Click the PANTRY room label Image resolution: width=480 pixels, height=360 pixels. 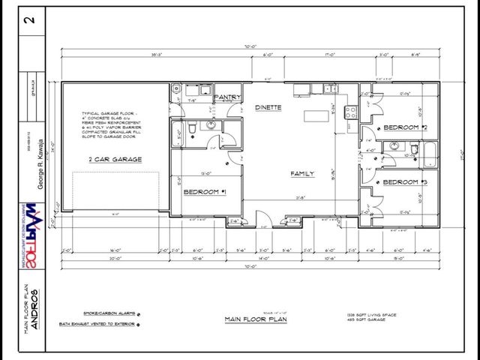pos(226,97)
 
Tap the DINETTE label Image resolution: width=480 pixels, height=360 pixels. pos(268,107)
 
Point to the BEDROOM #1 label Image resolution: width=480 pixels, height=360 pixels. pos(205,192)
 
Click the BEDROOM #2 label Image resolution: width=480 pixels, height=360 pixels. pos(405,128)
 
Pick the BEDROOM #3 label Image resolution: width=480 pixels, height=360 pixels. pos(405,183)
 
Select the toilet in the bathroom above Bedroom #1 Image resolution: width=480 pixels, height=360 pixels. pos(193,130)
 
